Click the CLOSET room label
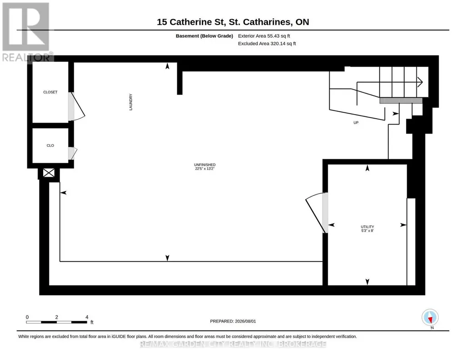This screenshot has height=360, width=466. tap(50, 92)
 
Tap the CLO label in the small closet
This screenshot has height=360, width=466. tap(50, 145)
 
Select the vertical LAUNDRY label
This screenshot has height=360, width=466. tap(131, 102)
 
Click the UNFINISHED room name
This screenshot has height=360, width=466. tap(205, 165)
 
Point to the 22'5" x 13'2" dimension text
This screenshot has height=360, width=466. tap(205, 169)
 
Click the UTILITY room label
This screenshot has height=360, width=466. tap(367, 227)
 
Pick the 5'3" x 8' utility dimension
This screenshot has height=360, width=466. tap(367, 230)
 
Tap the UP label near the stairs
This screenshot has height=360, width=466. tap(356, 123)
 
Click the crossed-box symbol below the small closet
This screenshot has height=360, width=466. tap(49, 173)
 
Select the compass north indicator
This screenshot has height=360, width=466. tap(430, 318)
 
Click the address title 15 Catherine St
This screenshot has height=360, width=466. tap(233, 22)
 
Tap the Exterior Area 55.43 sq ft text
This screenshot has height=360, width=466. tap(264, 36)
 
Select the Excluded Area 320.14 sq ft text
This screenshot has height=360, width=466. tap(267, 43)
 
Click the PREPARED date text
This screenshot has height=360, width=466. tap(233, 321)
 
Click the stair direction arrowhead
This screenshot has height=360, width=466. tap(420, 82)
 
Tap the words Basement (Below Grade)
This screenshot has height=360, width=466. tap(205, 36)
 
